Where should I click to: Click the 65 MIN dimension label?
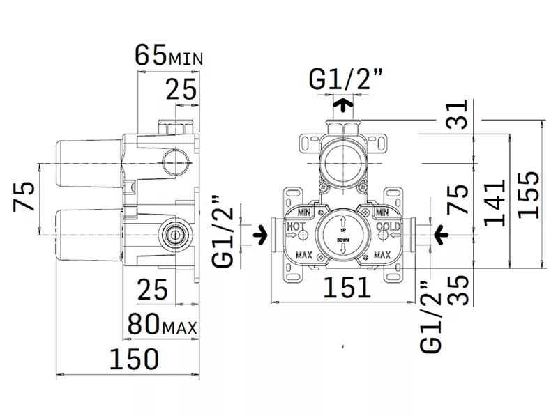coord(169,55)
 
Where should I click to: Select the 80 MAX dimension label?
coord(163,323)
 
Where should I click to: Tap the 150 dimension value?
coord(134,359)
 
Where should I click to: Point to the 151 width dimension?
coord(347,287)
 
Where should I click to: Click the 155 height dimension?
coord(529,195)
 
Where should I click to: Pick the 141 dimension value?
coord(495,203)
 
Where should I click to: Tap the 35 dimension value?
coord(458,290)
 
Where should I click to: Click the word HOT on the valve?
coord(296,226)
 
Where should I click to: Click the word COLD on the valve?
coord(389,226)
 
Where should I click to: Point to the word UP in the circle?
coord(343,231)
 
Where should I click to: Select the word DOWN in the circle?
coord(343,240)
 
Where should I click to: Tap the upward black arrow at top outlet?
coord(343,106)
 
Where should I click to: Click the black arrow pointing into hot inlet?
coord(260,235)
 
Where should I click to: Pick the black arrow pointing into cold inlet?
coord(441,235)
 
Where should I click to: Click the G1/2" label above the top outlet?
coord(345,79)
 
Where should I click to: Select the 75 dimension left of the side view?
coord(24,196)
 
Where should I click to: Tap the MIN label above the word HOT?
coord(304,212)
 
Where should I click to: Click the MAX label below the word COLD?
coord(382,255)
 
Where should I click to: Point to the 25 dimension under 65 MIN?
coord(181,89)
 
